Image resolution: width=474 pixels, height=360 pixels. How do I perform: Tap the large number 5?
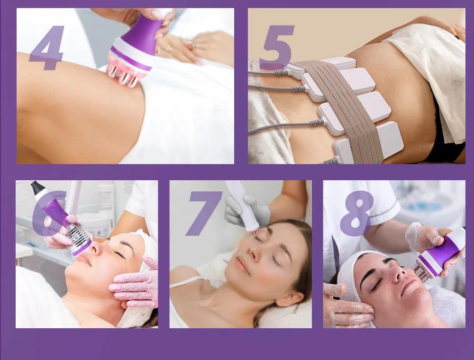pyautogui.click(x=277, y=47)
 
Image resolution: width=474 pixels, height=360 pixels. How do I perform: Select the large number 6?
pyautogui.click(x=48, y=213)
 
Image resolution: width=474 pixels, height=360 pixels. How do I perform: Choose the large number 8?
pyautogui.click(x=357, y=213)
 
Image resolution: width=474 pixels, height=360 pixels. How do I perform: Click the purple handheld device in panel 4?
pyautogui.click(x=136, y=46)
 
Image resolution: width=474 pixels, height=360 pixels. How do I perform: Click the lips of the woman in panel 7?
pyautogui.click(x=242, y=265)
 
